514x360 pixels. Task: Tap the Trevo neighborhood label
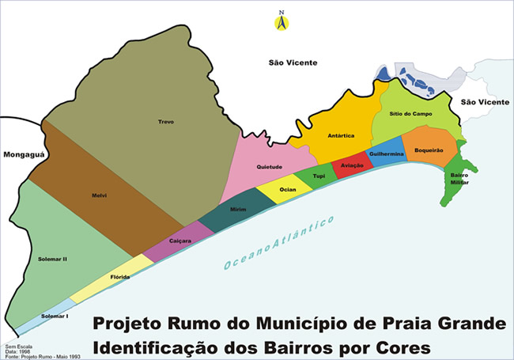165,121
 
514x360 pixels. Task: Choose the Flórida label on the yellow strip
119,278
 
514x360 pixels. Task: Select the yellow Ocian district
287,191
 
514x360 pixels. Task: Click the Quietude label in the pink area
270,167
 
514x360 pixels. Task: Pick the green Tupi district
319,176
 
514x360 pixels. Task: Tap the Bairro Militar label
459,178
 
